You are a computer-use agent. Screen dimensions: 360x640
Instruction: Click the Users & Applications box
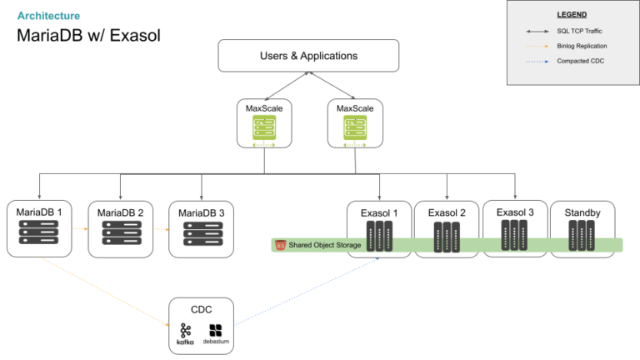pos(308,56)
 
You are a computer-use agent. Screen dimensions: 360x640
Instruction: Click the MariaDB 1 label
pos(39,212)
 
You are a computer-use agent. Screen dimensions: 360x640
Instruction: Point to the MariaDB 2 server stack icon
pos(120,237)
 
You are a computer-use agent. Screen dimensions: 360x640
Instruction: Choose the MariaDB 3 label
pos(201,212)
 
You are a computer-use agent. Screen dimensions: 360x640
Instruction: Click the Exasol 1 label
pos(380,212)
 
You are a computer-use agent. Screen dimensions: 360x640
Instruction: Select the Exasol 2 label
pos(447,212)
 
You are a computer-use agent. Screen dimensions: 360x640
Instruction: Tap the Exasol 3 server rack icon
pos(515,237)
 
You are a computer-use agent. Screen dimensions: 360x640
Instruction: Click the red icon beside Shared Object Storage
pos(281,245)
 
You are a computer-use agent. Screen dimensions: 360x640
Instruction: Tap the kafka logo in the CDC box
pos(185,334)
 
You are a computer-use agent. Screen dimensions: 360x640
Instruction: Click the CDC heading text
pos(201,309)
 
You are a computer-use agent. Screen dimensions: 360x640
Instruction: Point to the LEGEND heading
pos(571,14)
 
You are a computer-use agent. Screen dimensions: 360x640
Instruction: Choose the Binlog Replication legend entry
pos(582,46)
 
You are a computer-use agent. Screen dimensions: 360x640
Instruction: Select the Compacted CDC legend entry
pos(577,61)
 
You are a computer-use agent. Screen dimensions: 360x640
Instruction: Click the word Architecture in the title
pos(49,15)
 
